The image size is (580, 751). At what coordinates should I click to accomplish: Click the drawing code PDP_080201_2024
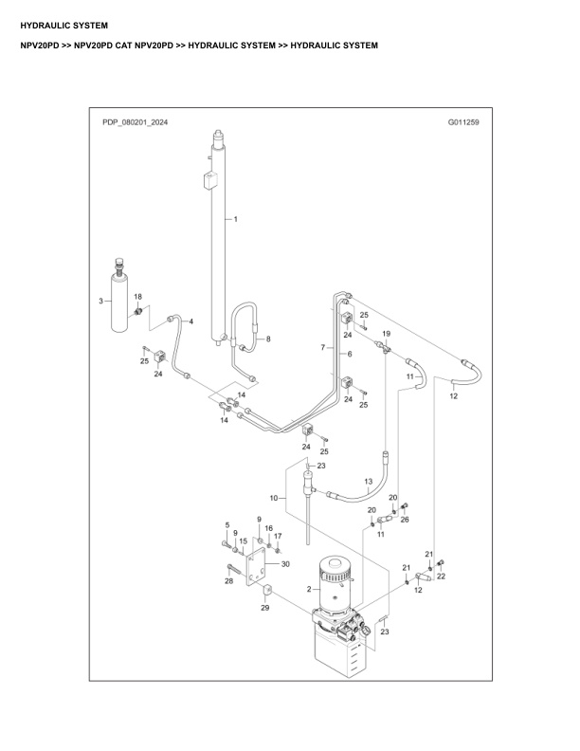coord(135,122)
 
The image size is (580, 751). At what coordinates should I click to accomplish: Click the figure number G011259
coord(463,122)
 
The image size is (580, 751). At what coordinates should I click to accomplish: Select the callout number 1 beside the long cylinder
coord(236,219)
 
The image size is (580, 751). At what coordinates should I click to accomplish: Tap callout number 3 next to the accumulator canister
coord(101,301)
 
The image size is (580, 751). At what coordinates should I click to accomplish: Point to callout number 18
coord(138,297)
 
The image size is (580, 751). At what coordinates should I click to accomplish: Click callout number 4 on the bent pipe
coord(191,322)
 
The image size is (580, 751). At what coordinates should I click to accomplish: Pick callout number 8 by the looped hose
coord(268,339)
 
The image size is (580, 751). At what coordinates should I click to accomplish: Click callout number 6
coord(349,354)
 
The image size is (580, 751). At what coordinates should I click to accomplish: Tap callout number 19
coord(386,335)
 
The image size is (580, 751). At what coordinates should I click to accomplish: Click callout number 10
coord(273,497)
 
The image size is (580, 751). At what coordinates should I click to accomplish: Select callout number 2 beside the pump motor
coord(309,589)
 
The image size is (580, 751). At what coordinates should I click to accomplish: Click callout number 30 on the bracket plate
coord(284,563)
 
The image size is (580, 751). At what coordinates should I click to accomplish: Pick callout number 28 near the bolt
coord(228,580)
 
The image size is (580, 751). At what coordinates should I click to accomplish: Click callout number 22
coord(440,577)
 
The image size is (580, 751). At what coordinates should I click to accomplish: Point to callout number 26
coord(405,519)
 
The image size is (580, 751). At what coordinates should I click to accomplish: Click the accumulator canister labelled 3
coord(120,301)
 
